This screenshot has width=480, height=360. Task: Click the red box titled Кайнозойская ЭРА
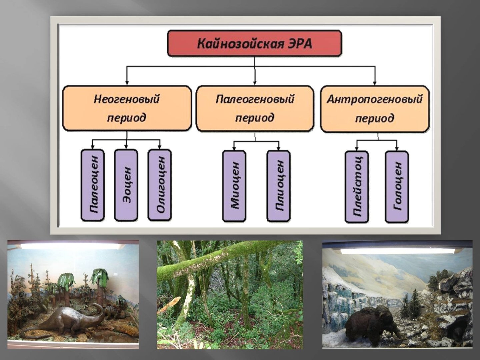[254, 43]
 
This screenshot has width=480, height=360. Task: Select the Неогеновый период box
[127, 108]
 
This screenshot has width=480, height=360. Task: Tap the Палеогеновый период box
[255, 109]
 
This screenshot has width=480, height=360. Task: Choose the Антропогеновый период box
[375, 109]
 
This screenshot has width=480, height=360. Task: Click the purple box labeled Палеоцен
[93, 185]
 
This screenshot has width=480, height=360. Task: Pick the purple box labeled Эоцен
[126, 185]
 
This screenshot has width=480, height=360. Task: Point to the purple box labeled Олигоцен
[160, 185]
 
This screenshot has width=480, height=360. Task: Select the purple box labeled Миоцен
[234, 186]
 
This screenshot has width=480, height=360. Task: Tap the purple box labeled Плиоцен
[279, 186]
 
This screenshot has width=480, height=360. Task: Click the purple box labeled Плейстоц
[357, 187]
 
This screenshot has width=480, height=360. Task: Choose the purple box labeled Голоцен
[397, 187]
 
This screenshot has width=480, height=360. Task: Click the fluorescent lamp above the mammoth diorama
[398, 251]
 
